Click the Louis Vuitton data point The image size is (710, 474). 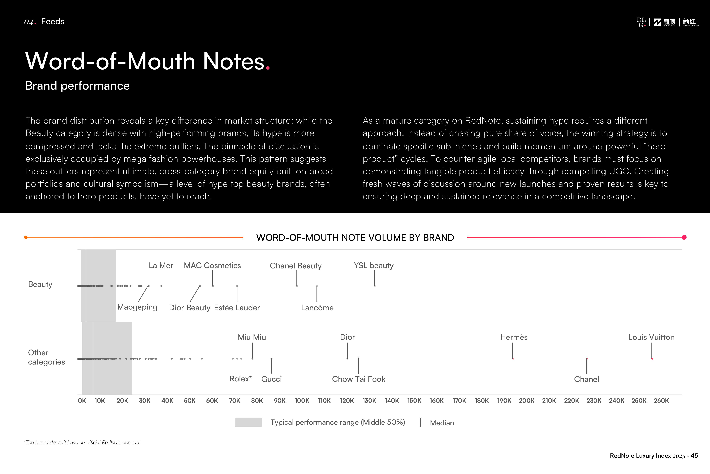[652, 359]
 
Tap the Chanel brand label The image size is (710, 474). [586, 379]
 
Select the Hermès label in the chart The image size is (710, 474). [514, 337]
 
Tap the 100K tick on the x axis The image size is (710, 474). [302, 401]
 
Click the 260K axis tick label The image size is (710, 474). [661, 401]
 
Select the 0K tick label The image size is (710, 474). [82, 401]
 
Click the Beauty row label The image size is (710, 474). [40, 284]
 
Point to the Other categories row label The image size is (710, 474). [46, 357]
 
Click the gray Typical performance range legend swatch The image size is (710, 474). [248, 422]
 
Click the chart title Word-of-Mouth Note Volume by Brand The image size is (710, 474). [355, 238]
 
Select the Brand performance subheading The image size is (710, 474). [77, 85]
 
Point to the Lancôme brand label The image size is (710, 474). [317, 308]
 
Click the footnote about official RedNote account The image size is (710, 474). [83, 442]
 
